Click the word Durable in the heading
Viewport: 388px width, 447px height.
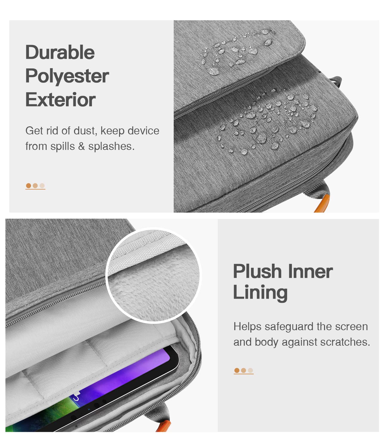60,52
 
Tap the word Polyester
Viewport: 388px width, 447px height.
67,77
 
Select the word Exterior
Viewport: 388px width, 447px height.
61,100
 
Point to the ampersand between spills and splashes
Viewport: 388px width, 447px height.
81,146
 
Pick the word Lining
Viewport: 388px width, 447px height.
260,293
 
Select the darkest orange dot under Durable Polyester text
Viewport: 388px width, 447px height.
28,186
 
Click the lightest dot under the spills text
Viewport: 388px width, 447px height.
42,186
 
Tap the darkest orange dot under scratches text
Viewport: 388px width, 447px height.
237,370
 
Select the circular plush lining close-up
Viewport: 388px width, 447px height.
154,275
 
